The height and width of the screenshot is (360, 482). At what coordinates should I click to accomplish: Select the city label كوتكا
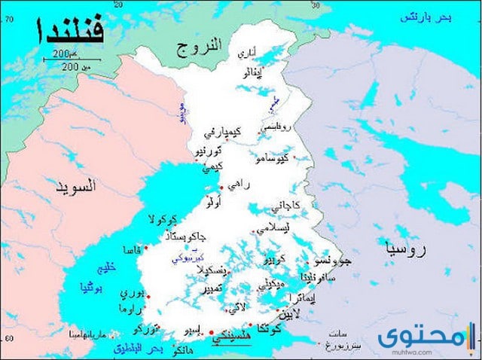pyautogui.click(x=269, y=329)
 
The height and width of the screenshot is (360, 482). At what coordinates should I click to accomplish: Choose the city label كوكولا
pyautogui.click(x=162, y=220)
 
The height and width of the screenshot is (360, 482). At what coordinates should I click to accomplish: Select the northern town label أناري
pyautogui.click(x=246, y=53)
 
